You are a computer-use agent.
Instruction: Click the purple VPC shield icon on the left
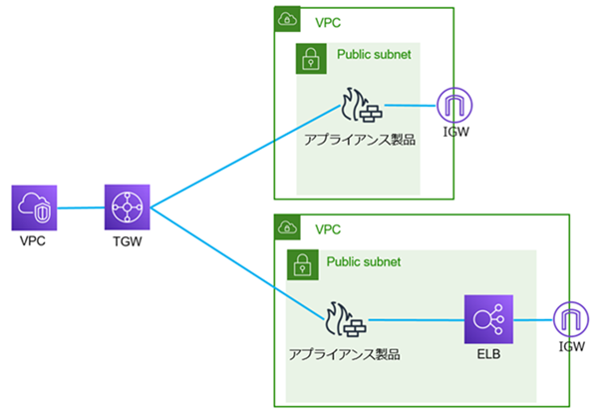click(35, 208)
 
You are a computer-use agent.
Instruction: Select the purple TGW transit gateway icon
click(127, 208)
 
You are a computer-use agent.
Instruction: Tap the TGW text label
click(127, 242)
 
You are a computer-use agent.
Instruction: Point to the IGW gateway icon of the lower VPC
click(571, 320)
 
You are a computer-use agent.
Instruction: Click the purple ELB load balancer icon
click(487, 320)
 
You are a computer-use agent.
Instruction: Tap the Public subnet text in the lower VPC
click(364, 261)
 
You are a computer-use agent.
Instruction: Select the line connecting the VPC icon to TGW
click(81, 208)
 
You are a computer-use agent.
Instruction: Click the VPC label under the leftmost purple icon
click(35, 242)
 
